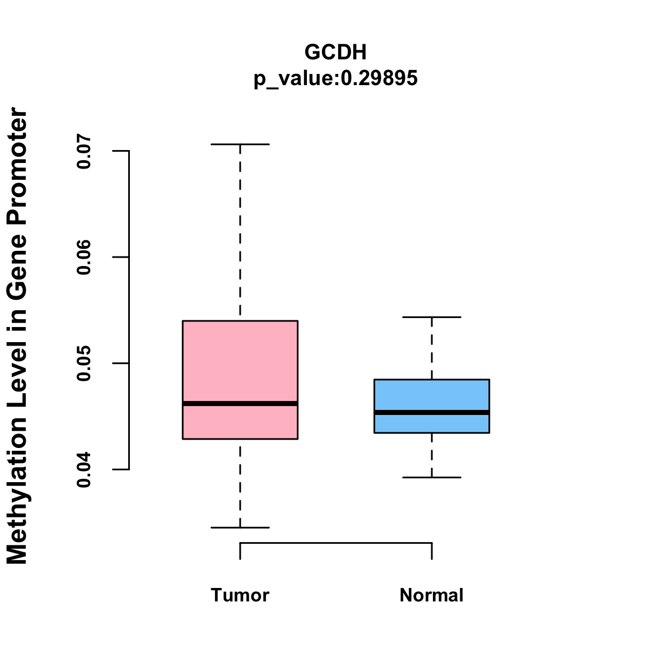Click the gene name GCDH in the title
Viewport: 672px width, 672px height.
(335, 52)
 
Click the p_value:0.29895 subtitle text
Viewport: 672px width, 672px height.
(335, 78)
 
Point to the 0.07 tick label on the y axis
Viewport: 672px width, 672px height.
(84, 151)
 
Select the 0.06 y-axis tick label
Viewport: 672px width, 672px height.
(84, 258)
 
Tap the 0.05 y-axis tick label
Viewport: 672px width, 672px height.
(84, 363)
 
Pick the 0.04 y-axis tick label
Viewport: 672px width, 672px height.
(84, 470)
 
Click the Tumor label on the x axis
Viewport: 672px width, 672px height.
(240, 595)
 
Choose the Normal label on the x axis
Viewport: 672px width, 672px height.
(432, 595)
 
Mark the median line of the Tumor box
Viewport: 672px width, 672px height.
(240, 403)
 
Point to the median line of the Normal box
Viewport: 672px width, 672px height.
(432, 412)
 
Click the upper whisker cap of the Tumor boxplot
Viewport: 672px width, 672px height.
(240, 144)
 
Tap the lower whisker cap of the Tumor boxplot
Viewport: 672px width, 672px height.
(240, 528)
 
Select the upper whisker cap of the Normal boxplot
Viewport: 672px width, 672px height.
(432, 317)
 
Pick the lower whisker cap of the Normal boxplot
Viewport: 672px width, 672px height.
(432, 477)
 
